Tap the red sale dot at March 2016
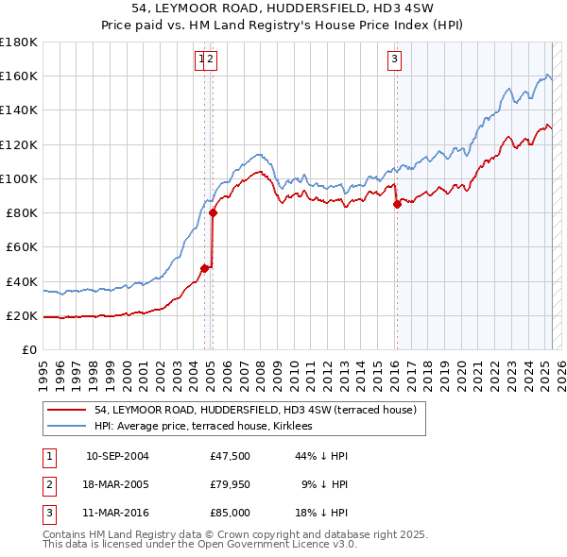point(397,205)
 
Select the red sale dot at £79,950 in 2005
point(213,213)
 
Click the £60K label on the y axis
point(22,246)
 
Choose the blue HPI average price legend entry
point(210,427)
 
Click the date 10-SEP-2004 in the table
point(117,456)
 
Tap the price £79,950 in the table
point(230,484)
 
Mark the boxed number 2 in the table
point(48,484)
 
